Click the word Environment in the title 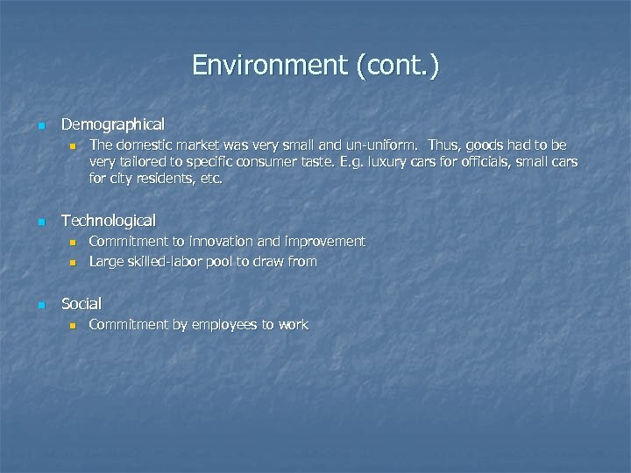click(x=269, y=66)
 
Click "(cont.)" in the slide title click(x=397, y=66)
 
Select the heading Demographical click(x=112, y=125)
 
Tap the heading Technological click(x=109, y=221)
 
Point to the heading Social click(x=82, y=304)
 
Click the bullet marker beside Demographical click(x=40, y=126)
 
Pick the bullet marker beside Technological click(x=40, y=222)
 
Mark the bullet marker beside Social click(x=40, y=305)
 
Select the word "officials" click(x=487, y=162)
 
